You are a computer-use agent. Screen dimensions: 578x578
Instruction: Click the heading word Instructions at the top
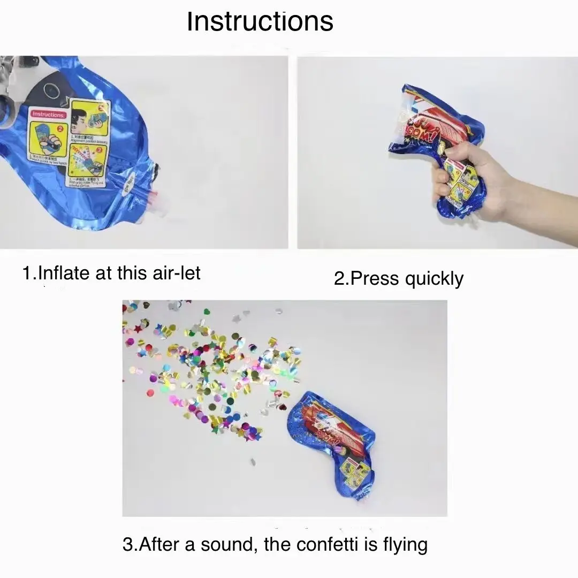tap(260, 22)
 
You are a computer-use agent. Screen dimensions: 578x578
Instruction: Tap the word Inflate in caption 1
tap(64, 273)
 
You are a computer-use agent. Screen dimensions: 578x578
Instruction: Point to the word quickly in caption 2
tap(434, 279)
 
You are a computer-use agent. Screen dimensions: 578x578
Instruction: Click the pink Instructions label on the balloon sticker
tap(48, 114)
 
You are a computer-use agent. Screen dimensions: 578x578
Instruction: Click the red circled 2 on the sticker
tap(59, 128)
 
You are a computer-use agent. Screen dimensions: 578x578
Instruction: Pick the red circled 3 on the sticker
tap(99, 151)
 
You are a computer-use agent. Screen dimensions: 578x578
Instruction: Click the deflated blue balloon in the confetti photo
tap(332, 439)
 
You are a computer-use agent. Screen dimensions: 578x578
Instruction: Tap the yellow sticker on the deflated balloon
tap(355, 473)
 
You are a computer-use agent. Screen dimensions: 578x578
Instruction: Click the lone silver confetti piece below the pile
tap(253, 461)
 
